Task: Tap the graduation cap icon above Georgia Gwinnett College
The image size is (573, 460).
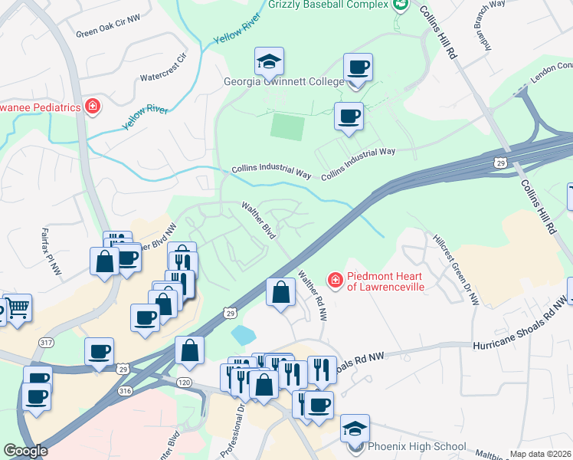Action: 270,61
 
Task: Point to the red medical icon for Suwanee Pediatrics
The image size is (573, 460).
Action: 93,107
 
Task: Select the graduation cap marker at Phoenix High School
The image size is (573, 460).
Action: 355,428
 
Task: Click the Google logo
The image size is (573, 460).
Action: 25,451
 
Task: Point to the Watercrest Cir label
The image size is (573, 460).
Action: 163,68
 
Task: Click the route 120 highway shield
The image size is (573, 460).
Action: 185,380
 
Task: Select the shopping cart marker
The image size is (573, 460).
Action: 17,308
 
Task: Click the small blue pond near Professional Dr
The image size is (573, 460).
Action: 242,334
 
